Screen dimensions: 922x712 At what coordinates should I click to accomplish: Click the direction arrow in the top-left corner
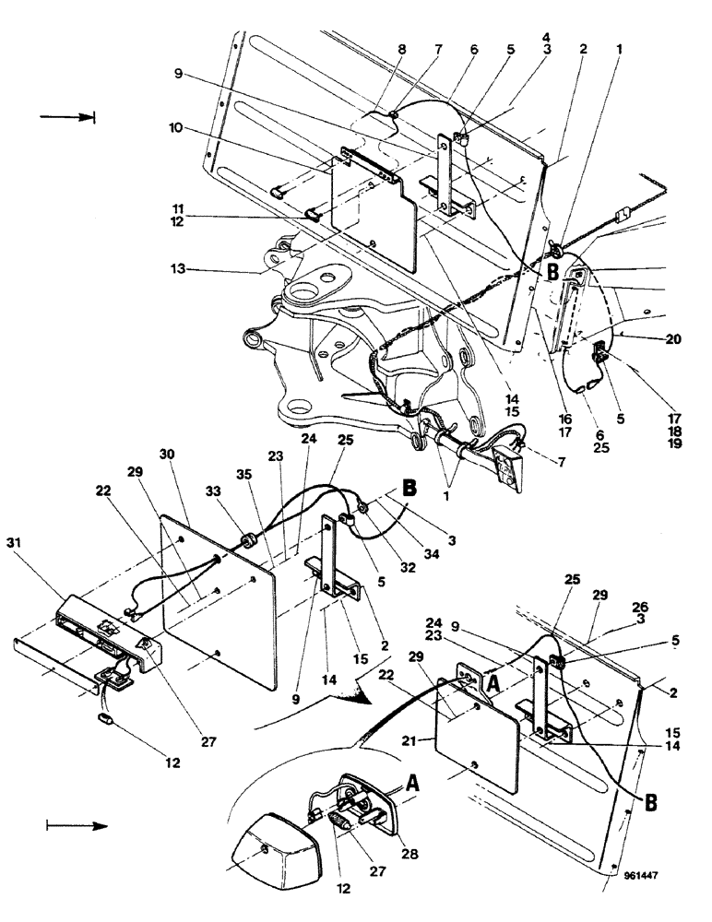[68, 117]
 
